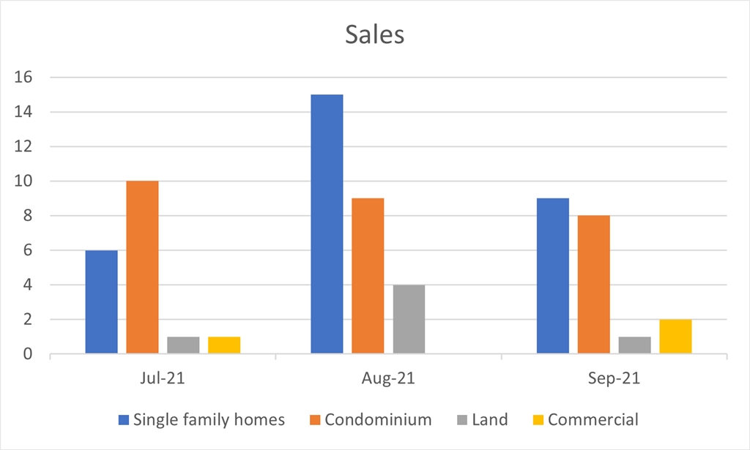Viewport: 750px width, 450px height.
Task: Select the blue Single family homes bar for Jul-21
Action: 101,302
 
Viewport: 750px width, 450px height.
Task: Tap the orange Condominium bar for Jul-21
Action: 142,268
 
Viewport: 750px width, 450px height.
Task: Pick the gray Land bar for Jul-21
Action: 183,345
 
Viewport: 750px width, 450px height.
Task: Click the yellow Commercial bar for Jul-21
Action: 224,345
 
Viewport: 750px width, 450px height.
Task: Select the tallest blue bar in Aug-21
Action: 327,225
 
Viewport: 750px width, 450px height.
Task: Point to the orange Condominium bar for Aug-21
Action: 368,277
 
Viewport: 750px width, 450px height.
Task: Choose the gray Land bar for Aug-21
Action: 409,320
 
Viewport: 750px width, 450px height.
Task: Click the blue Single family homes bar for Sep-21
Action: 552,277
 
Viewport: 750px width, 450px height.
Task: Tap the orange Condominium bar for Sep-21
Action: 593,285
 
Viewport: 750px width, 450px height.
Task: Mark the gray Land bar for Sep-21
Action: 634,345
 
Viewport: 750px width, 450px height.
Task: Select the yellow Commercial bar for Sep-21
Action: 675,337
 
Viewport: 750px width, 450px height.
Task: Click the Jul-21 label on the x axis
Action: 163,379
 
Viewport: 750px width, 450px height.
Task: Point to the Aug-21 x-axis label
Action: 388,379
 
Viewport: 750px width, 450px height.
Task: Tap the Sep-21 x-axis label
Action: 614,379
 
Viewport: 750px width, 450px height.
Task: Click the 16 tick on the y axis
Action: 29,78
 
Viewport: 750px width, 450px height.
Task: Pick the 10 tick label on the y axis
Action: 29,181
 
